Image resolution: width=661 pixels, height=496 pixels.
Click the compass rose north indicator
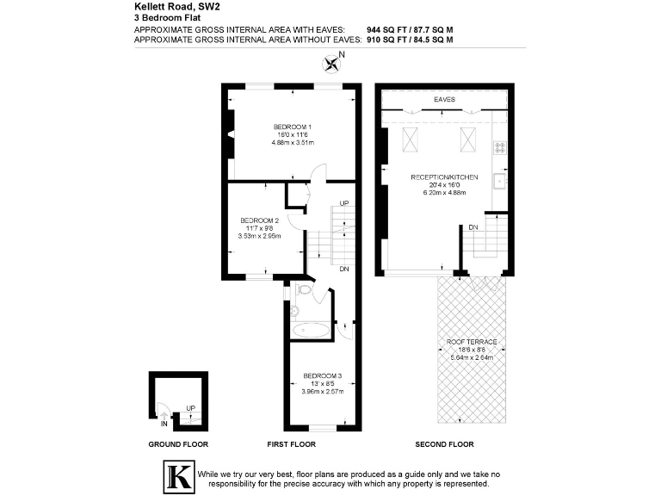(x=332, y=62)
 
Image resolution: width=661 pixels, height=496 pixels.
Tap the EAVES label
(x=444, y=100)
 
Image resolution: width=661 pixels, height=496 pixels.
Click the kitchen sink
(x=499, y=182)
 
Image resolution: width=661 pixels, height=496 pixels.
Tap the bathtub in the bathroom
(x=310, y=330)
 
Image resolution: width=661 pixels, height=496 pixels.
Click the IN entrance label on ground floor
(x=164, y=424)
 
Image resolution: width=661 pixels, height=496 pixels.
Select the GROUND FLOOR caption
(x=178, y=444)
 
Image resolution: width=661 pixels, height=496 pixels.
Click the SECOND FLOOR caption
(x=443, y=444)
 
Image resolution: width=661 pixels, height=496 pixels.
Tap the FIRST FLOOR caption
(x=292, y=444)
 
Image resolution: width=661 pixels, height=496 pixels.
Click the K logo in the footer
(x=178, y=478)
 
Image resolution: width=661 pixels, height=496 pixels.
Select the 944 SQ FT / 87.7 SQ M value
(x=410, y=30)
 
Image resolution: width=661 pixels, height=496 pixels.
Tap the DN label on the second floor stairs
(x=473, y=227)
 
